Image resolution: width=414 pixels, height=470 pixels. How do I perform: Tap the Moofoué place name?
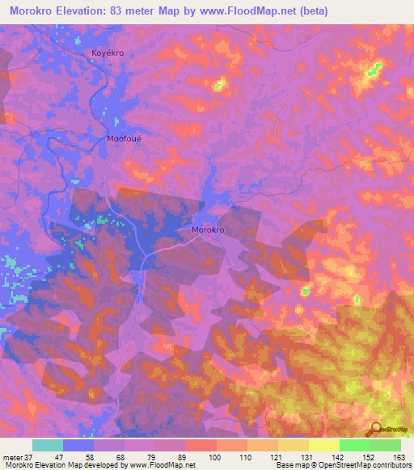click(x=124, y=139)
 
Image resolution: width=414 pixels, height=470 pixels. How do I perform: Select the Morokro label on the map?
click(x=208, y=230)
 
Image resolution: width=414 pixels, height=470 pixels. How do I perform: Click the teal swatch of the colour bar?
click(x=47, y=445)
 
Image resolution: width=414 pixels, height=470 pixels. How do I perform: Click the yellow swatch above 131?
click(x=293, y=445)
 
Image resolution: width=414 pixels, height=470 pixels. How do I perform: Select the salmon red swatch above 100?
click(x=201, y=445)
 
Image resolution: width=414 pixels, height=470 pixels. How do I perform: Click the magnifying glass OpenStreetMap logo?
click(x=374, y=430)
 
